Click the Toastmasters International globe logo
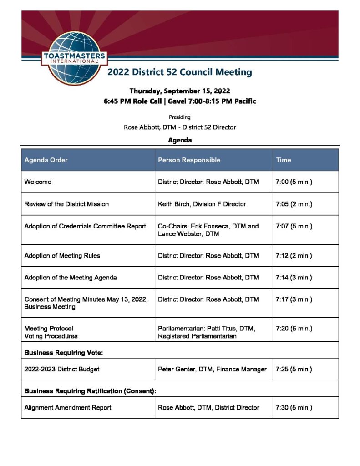click(x=75, y=57)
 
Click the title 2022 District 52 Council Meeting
click(x=179, y=72)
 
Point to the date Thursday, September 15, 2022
click(x=179, y=91)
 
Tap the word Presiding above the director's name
click(x=179, y=117)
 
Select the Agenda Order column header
click(x=46, y=160)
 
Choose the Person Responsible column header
click(x=189, y=160)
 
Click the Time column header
click(x=283, y=160)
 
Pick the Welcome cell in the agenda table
click(x=38, y=182)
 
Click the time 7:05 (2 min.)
click(x=294, y=204)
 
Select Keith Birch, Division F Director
click(x=202, y=204)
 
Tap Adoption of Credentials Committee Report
click(x=85, y=226)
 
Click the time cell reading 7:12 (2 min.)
click(x=294, y=256)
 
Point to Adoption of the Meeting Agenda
click(x=71, y=278)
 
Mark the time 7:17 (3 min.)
click(x=294, y=299)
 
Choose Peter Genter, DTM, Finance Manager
click(x=212, y=369)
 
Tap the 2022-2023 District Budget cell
click(x=55, y=369)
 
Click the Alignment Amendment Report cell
click(x=68, y=408)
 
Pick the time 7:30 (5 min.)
click(x=294, y=408)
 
